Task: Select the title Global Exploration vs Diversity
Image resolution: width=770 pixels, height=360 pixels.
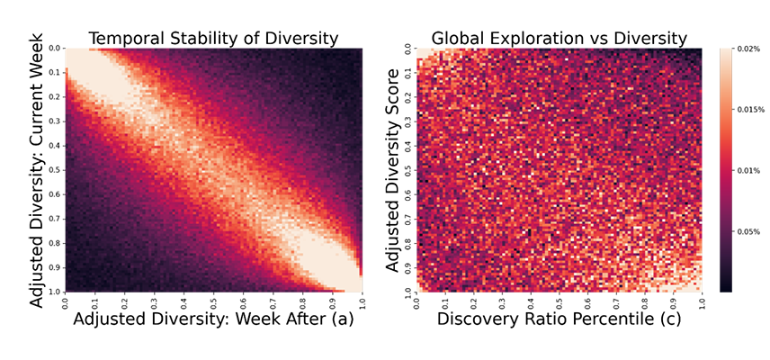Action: [x=559, y=38]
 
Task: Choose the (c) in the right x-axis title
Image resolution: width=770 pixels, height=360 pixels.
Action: [x=668, y=319]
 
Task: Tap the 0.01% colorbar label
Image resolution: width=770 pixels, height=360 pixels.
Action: [x=748, y=170]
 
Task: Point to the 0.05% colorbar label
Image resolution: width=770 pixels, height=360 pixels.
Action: [x=748, y=231]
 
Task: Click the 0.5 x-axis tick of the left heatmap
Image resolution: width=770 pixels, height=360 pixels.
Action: [x=214, y=300]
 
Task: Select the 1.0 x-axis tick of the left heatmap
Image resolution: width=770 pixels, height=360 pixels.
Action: [x=361, y=300]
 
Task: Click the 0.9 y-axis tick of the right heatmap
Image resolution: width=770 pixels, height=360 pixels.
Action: [x=407, y=267]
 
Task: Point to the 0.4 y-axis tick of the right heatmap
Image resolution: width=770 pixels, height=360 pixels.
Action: [x=407, y=145]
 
